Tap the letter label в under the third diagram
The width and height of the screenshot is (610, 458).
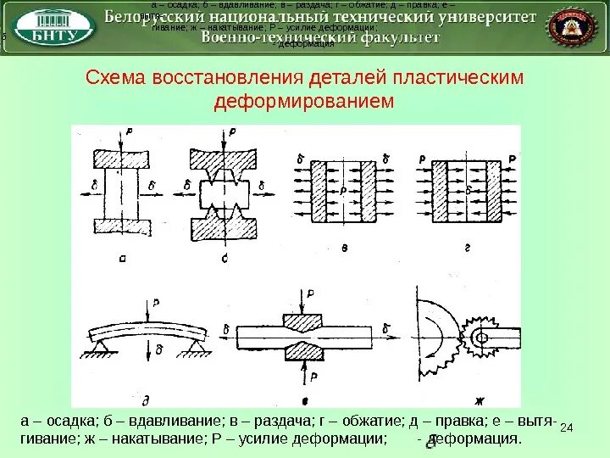(x=345, y=246)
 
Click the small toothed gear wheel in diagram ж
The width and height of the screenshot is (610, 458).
(x=481, y=338)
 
